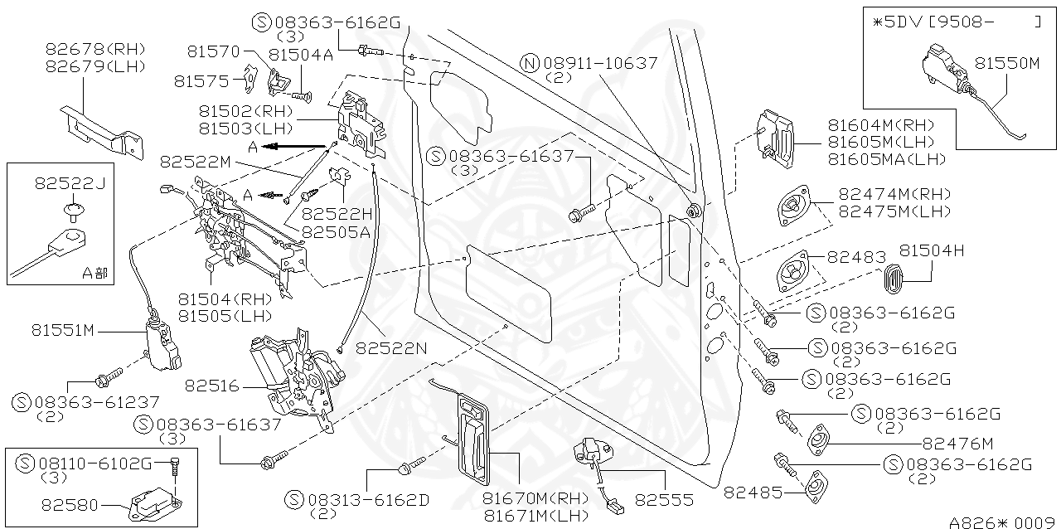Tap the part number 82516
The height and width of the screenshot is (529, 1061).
coord(211,386)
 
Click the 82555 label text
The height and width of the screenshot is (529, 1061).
coord(664,500)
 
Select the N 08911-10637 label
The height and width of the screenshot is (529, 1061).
coord(590,63)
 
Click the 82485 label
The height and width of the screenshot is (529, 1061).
coord(753,493)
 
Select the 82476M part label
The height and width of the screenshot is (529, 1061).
coord(957,444)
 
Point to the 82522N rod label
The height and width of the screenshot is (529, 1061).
coord(392,349)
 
